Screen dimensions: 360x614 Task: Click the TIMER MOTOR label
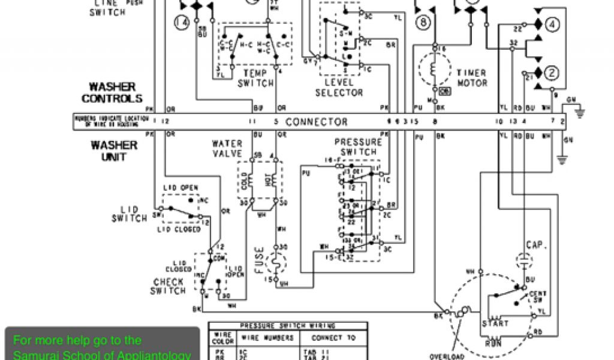[x=472, y=78]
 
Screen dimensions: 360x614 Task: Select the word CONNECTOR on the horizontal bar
[x=316, y=122]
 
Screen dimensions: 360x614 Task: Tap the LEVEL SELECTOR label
[x=339, y=87]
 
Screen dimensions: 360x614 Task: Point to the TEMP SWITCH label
[x=255, y=78]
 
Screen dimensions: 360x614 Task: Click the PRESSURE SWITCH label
[x=358, y=147]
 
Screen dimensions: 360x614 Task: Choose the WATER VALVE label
[x=227, y=149]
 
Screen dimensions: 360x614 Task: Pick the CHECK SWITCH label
[x=169, y=286]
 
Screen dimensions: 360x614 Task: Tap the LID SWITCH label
[x=130, y=214]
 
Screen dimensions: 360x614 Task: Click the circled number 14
[x=181, y=23]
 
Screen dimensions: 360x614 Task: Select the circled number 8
[x=424, y=23]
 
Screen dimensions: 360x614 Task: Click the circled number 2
[x=552, y=73]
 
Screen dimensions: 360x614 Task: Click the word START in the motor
[x=495, y=323]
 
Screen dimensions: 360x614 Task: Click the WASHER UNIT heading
[x=113, y=151]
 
